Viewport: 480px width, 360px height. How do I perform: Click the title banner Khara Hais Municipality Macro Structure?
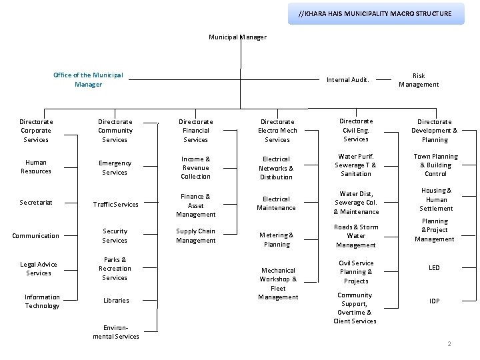(375, 13)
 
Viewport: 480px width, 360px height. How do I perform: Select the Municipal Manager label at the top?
(238, 37)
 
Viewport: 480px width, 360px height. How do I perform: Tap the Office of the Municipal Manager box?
(88, 80)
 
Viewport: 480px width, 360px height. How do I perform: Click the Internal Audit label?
(347, 80)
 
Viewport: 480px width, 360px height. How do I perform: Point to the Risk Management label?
(419, 80)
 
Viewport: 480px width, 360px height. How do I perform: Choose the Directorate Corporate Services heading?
(36, 131)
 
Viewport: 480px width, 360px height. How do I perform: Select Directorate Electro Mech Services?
(277, 131)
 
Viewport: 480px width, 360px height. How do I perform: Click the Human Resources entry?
(36, 167)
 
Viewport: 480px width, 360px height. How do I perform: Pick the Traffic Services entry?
(115, 205)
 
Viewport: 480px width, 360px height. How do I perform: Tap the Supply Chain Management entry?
(196, 236)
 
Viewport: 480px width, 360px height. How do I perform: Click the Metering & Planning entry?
(277, 240)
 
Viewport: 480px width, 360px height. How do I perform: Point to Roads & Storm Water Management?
(356, 236)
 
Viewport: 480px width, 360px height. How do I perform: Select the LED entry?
(434, 268)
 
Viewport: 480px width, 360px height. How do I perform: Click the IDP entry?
(434, 301)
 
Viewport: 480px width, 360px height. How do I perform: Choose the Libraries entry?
(116, 301)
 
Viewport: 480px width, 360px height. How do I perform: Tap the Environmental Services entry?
(116, 332)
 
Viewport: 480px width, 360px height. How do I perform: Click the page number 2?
(449, 344)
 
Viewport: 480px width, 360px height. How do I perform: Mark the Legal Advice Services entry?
(39, 269)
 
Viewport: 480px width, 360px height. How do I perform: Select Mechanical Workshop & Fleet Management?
(278, 284)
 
